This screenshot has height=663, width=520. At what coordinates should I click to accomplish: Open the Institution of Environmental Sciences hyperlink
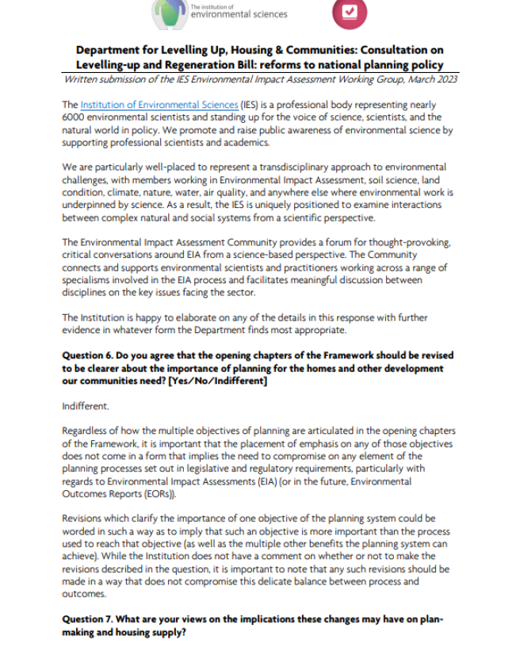point(159,105)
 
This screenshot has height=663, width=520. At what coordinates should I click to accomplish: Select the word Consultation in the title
point(394,50)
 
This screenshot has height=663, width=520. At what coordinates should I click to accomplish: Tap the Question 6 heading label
point(90,356)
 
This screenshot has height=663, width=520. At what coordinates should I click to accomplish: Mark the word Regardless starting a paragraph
point(87,431)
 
